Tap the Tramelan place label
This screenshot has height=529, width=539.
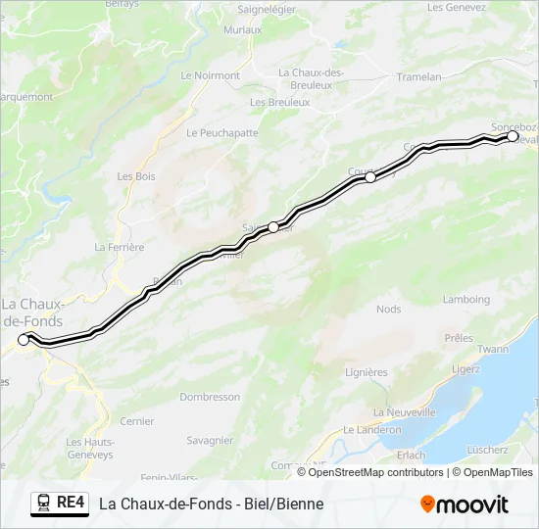tap(418, 76)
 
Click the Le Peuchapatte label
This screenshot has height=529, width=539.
tap(221, 132)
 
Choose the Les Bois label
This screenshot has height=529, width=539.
tap(136, 176)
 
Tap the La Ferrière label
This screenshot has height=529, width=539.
tap(120, 248)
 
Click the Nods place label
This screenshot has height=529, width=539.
tap(389, 310)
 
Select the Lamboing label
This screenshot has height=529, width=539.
tap(465, 300)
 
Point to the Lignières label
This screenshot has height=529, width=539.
tap(367, 372)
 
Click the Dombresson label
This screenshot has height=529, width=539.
tap(210, 397)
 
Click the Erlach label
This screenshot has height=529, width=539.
tap(412, 455)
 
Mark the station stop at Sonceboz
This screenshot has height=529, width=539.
tap(512, 137)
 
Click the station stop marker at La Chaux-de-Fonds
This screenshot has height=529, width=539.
tap(24, 340)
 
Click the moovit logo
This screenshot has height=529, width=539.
tap(465, 505)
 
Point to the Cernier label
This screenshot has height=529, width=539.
tap(136, 421)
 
